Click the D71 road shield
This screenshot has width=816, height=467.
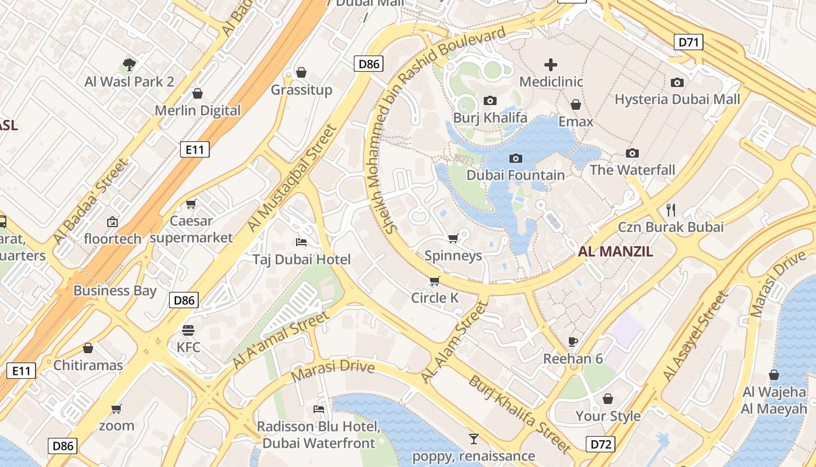pos(688,42)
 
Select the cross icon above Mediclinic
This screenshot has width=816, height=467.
pos(551,65)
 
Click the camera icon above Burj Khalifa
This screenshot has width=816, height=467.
pos(490,100)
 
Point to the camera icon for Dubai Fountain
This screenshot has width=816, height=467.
pos(515,158)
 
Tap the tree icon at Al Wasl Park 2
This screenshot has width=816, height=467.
pos(129,64)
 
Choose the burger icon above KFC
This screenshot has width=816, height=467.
pos(188,330)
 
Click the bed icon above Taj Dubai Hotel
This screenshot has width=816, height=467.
pos(301,242)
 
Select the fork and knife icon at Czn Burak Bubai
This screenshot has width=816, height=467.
pos(671,209)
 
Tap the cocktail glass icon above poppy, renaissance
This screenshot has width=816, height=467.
pos(473,438)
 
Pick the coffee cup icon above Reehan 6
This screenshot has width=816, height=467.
pos(573,341)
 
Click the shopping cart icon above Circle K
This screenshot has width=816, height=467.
pos(434,281)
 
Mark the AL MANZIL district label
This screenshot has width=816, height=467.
pos(615,252)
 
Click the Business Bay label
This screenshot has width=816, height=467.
pos(115,291)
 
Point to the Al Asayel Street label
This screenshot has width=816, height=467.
pos(696,337)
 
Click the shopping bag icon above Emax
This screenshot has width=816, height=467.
pos(576,104)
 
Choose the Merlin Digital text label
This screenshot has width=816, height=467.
pos(198,110)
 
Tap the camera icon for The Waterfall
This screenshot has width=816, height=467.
pos(632,153)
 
